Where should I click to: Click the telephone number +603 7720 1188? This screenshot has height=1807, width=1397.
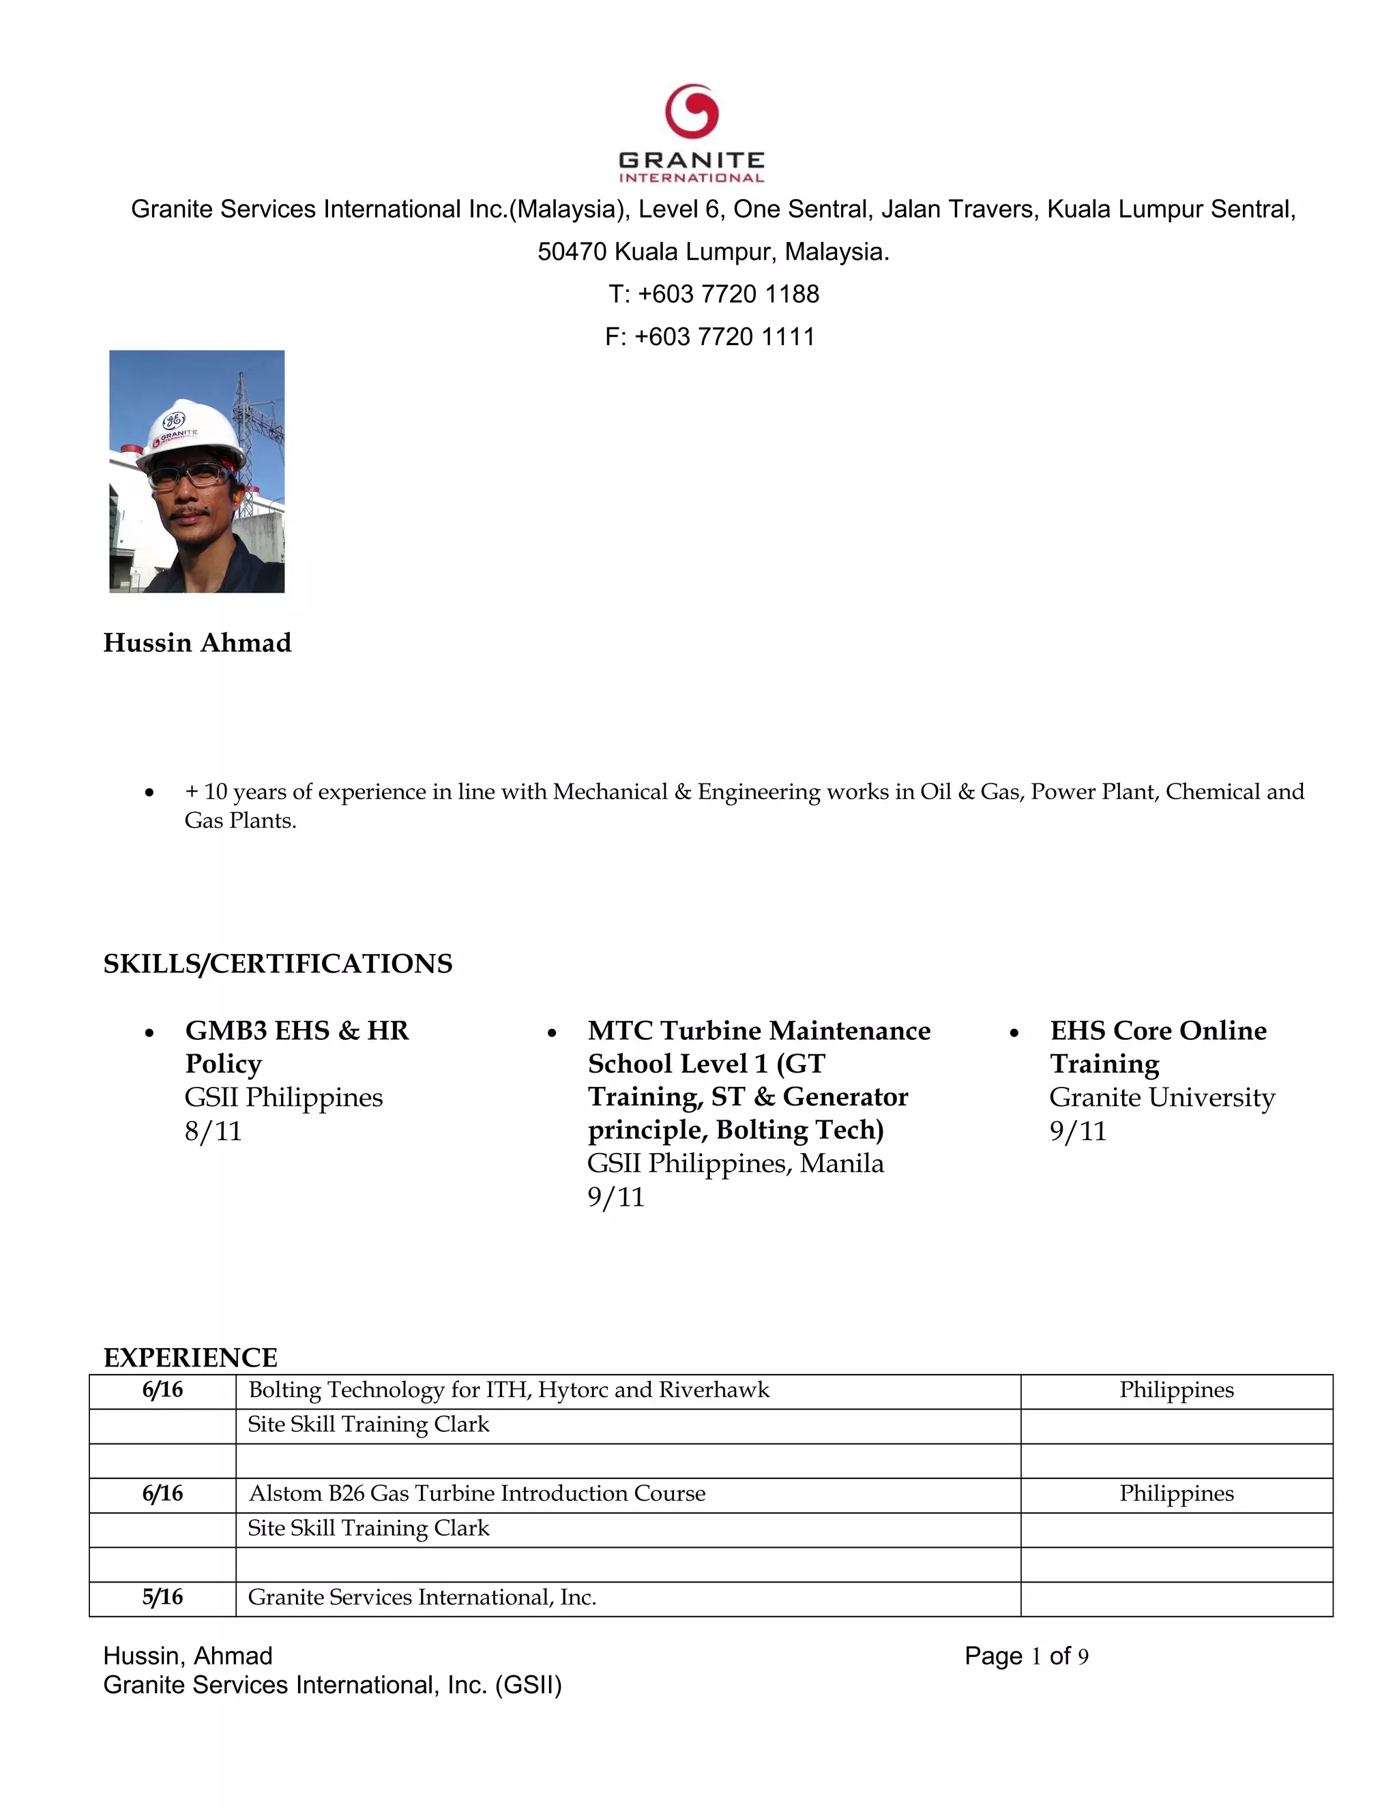[729, 294]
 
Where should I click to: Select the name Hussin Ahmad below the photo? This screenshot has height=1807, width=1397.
[197, 643]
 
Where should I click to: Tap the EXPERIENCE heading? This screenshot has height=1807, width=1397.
[190, 1358]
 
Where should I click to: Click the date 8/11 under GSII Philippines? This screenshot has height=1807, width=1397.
[214, 1131]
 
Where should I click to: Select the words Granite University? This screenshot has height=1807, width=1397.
[1162, 1097]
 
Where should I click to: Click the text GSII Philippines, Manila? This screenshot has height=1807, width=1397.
[735, 1163]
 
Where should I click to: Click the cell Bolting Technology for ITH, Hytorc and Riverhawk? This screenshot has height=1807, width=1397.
[508, 1390]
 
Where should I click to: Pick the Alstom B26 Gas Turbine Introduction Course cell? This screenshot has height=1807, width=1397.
[477, 1493]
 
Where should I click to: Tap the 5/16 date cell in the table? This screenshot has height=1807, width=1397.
[162, 1597]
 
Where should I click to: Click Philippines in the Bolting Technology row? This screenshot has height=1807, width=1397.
[1176, 1390]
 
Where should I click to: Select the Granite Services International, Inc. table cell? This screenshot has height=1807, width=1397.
[422, 1597]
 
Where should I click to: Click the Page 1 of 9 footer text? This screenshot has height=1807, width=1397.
[1026, 1656]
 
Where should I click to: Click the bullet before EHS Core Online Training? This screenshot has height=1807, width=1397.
[1014, 1032]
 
